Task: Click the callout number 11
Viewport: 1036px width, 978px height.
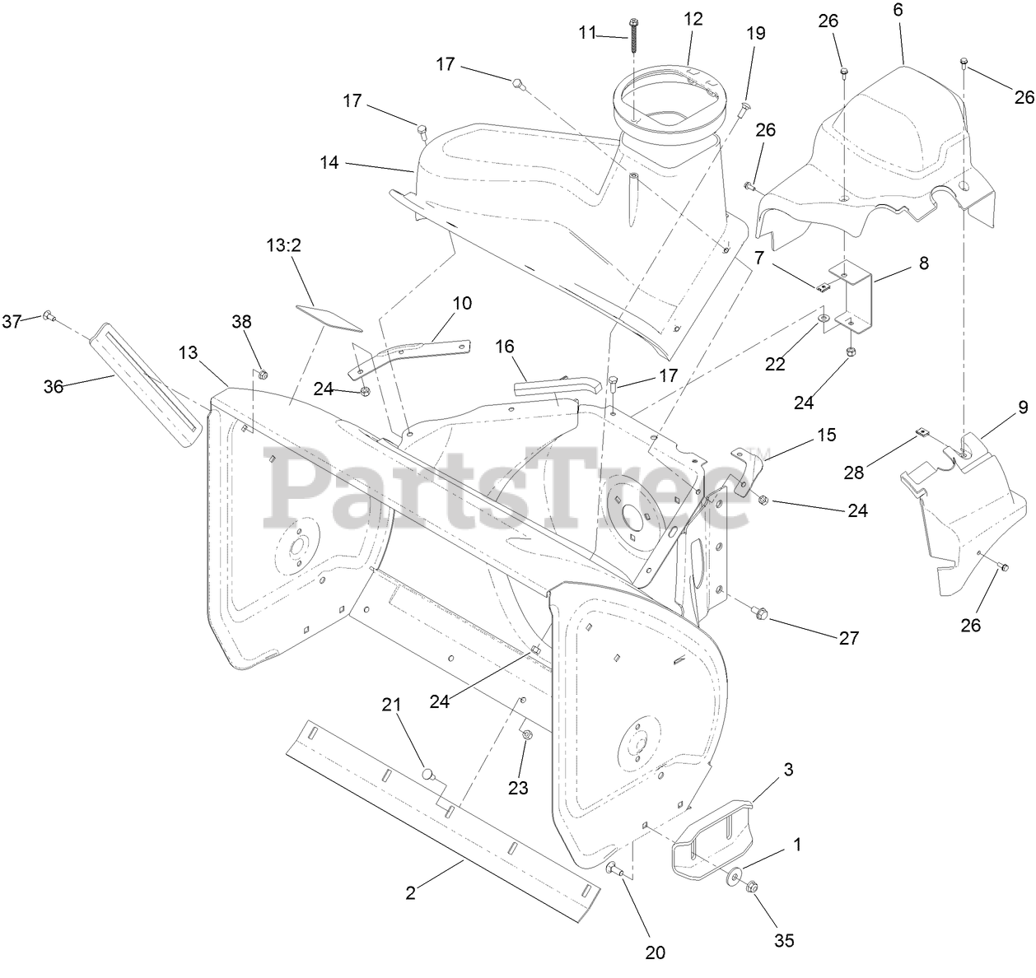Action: point(586,33)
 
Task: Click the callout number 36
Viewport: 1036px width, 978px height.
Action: point(54,386)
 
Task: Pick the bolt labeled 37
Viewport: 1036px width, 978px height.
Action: point(47,316)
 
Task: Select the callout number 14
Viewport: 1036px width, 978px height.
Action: point(329,163)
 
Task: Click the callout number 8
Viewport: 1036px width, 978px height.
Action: point(923,263)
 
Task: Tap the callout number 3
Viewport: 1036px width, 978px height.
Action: point(788,770)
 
